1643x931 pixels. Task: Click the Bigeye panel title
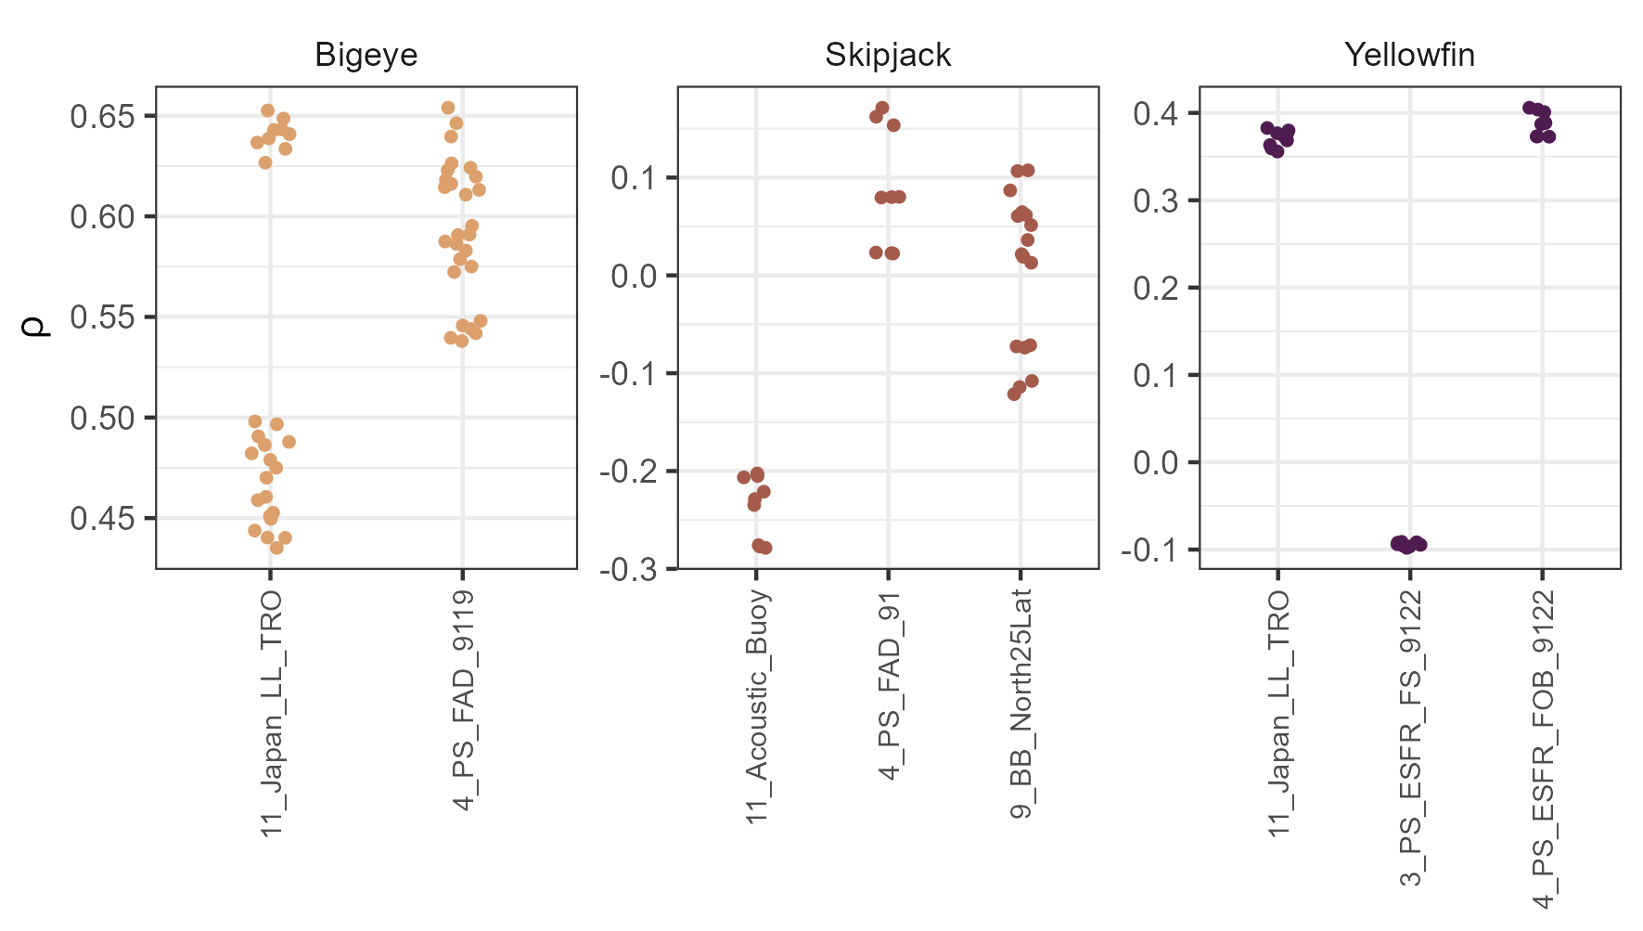pos(366,56)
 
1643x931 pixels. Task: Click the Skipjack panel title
pos(888,56)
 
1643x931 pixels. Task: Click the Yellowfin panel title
pos(1409,56)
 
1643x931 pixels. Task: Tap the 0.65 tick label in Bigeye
pos(102,117)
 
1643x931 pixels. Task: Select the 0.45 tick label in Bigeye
pos(102,518)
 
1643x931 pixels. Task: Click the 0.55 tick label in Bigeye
pos(102,317)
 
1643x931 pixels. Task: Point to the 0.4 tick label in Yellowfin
pos(1155,114)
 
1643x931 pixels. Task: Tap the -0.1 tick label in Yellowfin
pos(1150,550)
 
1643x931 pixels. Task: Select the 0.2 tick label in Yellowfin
pos(1155,289)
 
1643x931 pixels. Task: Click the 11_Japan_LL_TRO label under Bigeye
pos(271,713)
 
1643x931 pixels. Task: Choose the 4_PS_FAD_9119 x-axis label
pos(464,700)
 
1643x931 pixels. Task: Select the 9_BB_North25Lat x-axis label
pos(1020,705)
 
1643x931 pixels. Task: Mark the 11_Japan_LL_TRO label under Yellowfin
pos(1279,713)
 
